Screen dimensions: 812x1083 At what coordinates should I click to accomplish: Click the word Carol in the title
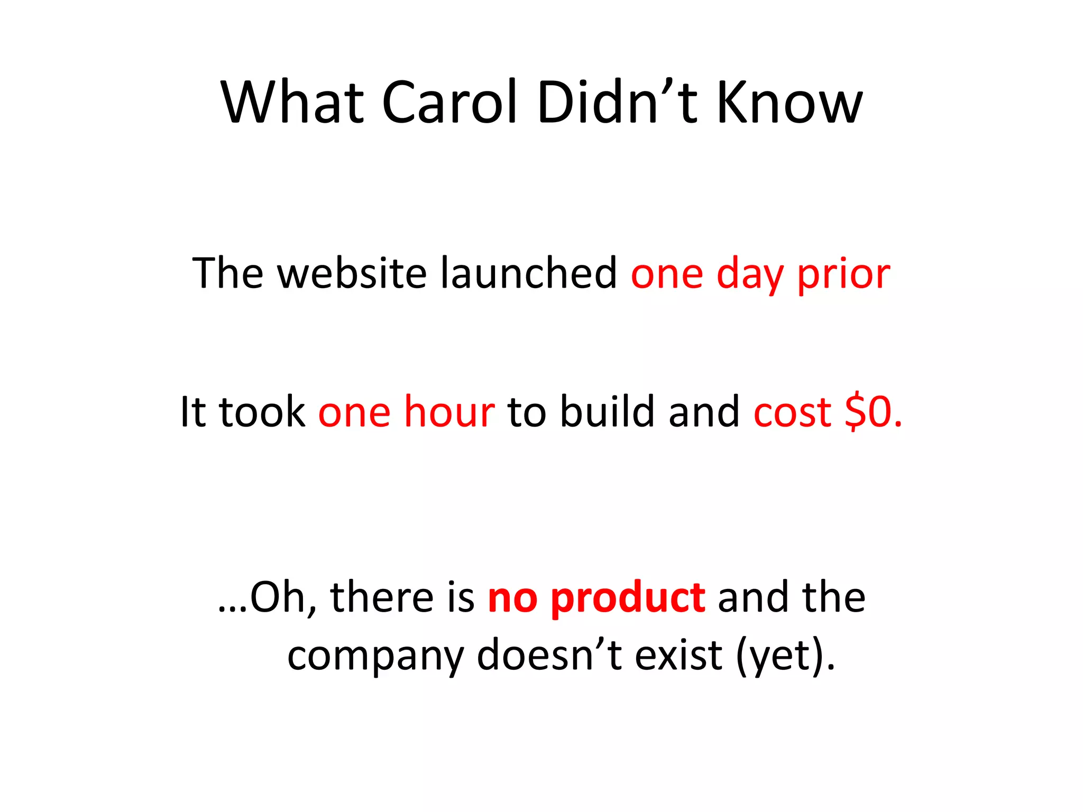tap(449, 103)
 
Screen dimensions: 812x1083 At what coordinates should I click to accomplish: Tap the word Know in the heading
tap(790, 103)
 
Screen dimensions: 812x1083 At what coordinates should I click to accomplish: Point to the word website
tap(352, 273)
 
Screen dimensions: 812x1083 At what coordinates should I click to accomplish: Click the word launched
tap(529, 273)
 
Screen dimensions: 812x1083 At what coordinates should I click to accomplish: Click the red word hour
tap(449, 411)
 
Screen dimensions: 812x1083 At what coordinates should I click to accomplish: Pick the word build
tap(608, 411)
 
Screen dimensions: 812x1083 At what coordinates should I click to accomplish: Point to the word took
tap(262, 411)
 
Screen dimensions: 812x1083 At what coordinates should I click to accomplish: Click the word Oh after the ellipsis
tap(282, 598)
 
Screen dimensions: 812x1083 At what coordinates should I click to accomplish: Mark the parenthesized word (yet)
tap(785, 656)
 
